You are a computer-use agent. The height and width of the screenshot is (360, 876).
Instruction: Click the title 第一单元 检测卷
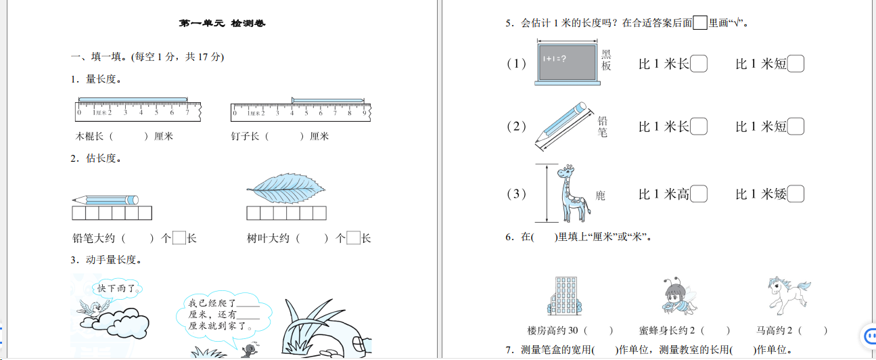point(222,24)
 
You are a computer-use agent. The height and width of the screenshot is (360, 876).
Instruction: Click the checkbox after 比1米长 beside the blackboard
point(699,64)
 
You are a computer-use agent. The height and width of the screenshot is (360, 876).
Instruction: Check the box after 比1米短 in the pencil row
point(796,127)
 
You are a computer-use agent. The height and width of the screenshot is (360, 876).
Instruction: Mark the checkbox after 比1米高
point(699,194)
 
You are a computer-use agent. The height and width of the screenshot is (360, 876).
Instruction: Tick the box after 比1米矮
point(796,194)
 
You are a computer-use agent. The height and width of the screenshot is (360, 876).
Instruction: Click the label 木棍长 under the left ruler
point(89,136)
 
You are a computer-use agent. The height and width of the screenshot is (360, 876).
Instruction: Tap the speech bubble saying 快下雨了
point(117,289)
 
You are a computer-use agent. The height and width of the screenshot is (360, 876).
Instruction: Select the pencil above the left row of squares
point(105,200)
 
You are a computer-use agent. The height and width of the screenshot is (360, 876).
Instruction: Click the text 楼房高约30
point(554,331)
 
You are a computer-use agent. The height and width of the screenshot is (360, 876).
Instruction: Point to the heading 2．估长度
point(95,158)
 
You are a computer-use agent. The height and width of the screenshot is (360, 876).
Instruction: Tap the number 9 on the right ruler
point(364,112)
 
